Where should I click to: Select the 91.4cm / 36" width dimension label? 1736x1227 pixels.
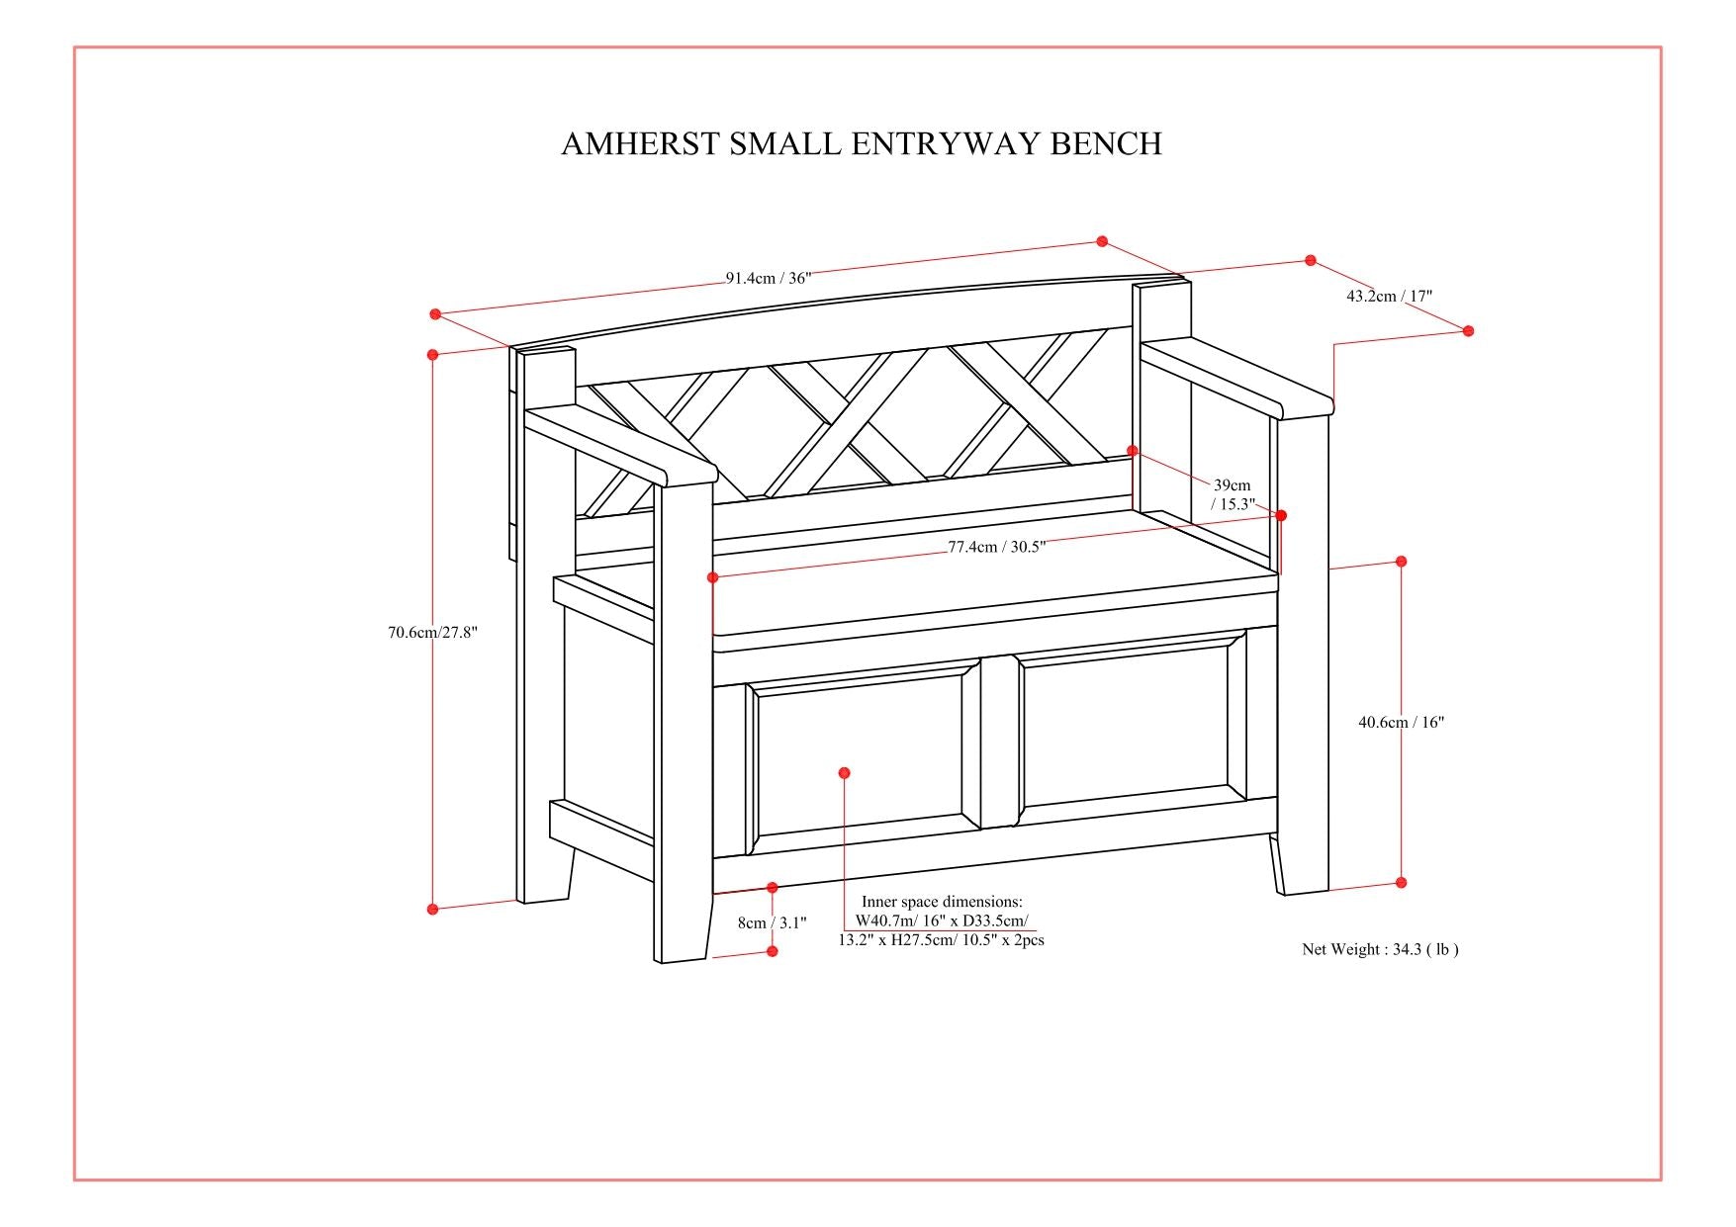pyautogui.click(x=769, y=278)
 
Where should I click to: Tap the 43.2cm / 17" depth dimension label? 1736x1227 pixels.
pyautogui.click(x=1389, y=296)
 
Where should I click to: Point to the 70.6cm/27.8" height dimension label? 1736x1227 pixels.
pyautogui.click(x=432, y=633)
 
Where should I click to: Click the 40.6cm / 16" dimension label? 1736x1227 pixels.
pyautogui.click(x=1401, y=722)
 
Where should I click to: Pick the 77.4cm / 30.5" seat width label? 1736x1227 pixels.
pyautogui.click(x=996, y=547)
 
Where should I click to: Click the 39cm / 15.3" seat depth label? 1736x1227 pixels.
pyautogui.click(x=1233, y=494)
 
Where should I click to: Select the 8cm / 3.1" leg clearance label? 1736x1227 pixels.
pyautogui.click(x=772, y=922)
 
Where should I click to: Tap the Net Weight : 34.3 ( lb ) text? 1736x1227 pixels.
pyautogui.click(x=1380, y=949)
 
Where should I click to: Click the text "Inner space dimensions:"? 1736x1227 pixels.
pyautogui.click(x=942, y=902)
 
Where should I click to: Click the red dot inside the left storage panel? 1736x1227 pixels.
pyautogui.click(x=844, y=772)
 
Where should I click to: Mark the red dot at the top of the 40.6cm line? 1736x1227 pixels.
pyautogui.click(x=1401, y=561)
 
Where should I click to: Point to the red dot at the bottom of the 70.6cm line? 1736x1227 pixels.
pyautogui.click(x=432, y=909)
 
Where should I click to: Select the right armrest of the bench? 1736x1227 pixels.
pyautogui.click(x=1236, y=376)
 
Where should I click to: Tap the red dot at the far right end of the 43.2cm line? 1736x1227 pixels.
pyautogui.click(x=1468, y=330)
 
